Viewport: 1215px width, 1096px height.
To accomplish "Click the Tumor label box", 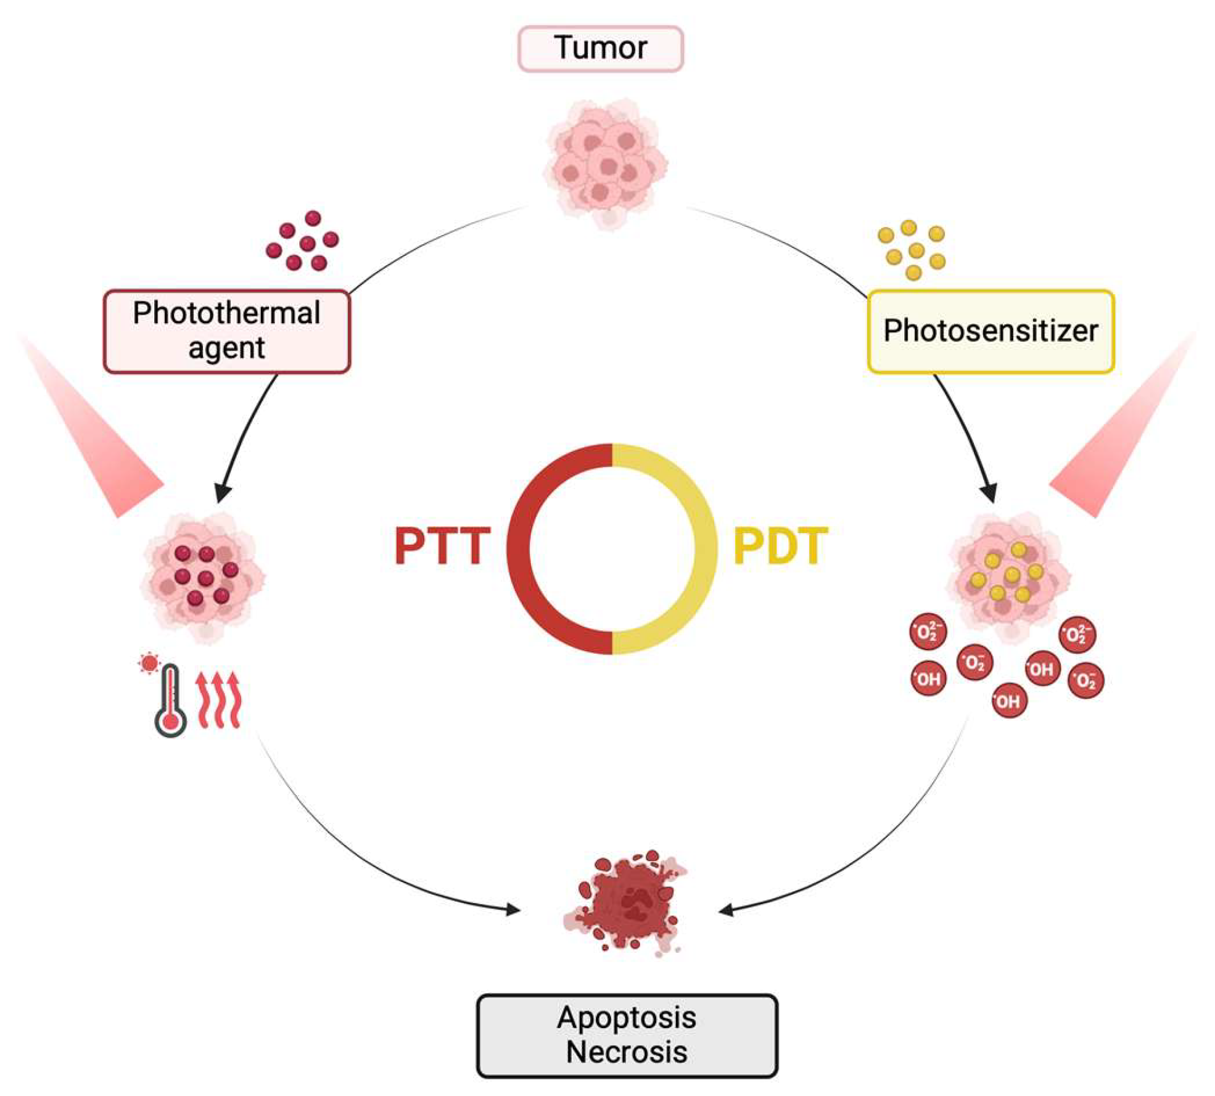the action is tap(600, 49).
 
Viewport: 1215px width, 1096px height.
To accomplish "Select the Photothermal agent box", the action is tap(227, 331).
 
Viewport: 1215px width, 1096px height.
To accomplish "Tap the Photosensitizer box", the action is tap(991, 331).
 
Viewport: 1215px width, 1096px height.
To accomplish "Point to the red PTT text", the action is tap(442, 546).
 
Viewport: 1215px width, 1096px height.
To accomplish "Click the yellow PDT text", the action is tap(780, 546).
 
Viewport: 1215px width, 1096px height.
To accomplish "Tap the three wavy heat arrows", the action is tap(218, 700).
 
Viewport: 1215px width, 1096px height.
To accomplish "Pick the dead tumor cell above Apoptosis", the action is tap(624, 903).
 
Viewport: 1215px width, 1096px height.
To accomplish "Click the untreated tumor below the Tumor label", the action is tap(606, 163).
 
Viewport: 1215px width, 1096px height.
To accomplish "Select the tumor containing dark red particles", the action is tap(204, 577).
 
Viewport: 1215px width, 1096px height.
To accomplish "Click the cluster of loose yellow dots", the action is tap(912, 250).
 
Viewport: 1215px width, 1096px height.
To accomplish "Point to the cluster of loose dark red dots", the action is tap(302, 241).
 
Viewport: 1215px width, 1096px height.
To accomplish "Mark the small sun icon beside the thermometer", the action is tap(149, 663).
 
